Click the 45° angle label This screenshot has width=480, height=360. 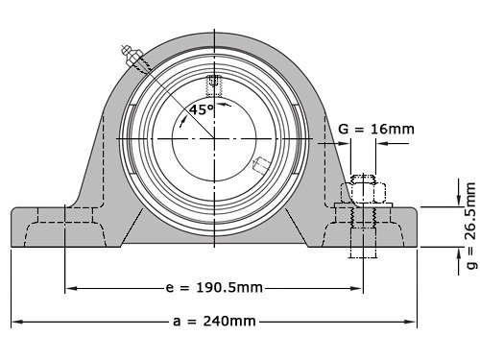click(201, 109)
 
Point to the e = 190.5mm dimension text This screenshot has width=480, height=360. click(214, 287)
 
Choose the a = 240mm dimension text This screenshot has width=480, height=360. click(214, 323)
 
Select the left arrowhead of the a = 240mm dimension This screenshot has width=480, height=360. click(15, 323)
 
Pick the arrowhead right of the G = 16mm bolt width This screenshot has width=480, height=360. click(378, 144)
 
